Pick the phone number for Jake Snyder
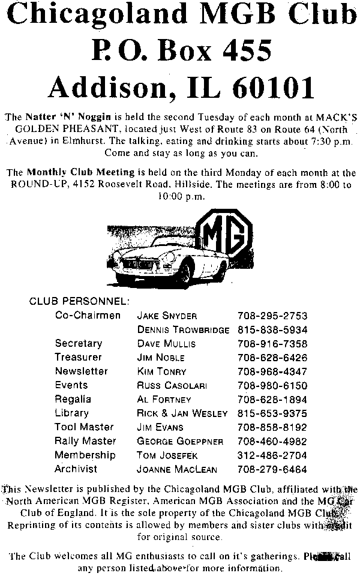[x=273, y=316]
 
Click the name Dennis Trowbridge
[x=184, y=330]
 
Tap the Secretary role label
[x=79, y=344]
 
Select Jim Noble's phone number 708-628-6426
[x=273, y=358]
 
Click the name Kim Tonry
[x=162, y=372]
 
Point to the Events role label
[x=71, y=385]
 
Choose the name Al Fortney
[x=164, y=400]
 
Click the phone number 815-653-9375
[x=273, y=413]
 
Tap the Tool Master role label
[x=84, y=427]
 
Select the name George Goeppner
[x=181, y=442]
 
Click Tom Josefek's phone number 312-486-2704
[x=273, y=455]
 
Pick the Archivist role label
[x=76, y=469]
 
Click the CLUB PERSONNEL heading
[x=80, y=301]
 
